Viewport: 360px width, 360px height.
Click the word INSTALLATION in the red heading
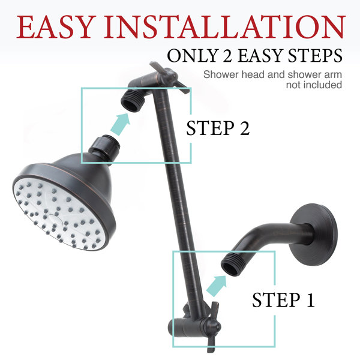point(224,27)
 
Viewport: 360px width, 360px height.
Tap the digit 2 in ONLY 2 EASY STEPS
point(227,56)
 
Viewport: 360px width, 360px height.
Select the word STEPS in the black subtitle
point(315,56)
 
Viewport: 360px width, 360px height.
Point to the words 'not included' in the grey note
point(314,85)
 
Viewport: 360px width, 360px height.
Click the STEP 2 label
point(218,128)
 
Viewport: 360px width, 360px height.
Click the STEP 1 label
point(283,299)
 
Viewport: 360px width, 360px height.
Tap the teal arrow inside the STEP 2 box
point(121,124)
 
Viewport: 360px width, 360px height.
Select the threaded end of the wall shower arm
point(231,263)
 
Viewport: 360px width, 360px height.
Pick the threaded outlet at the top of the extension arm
point(131,101)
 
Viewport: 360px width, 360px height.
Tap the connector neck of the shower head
point(104,147)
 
